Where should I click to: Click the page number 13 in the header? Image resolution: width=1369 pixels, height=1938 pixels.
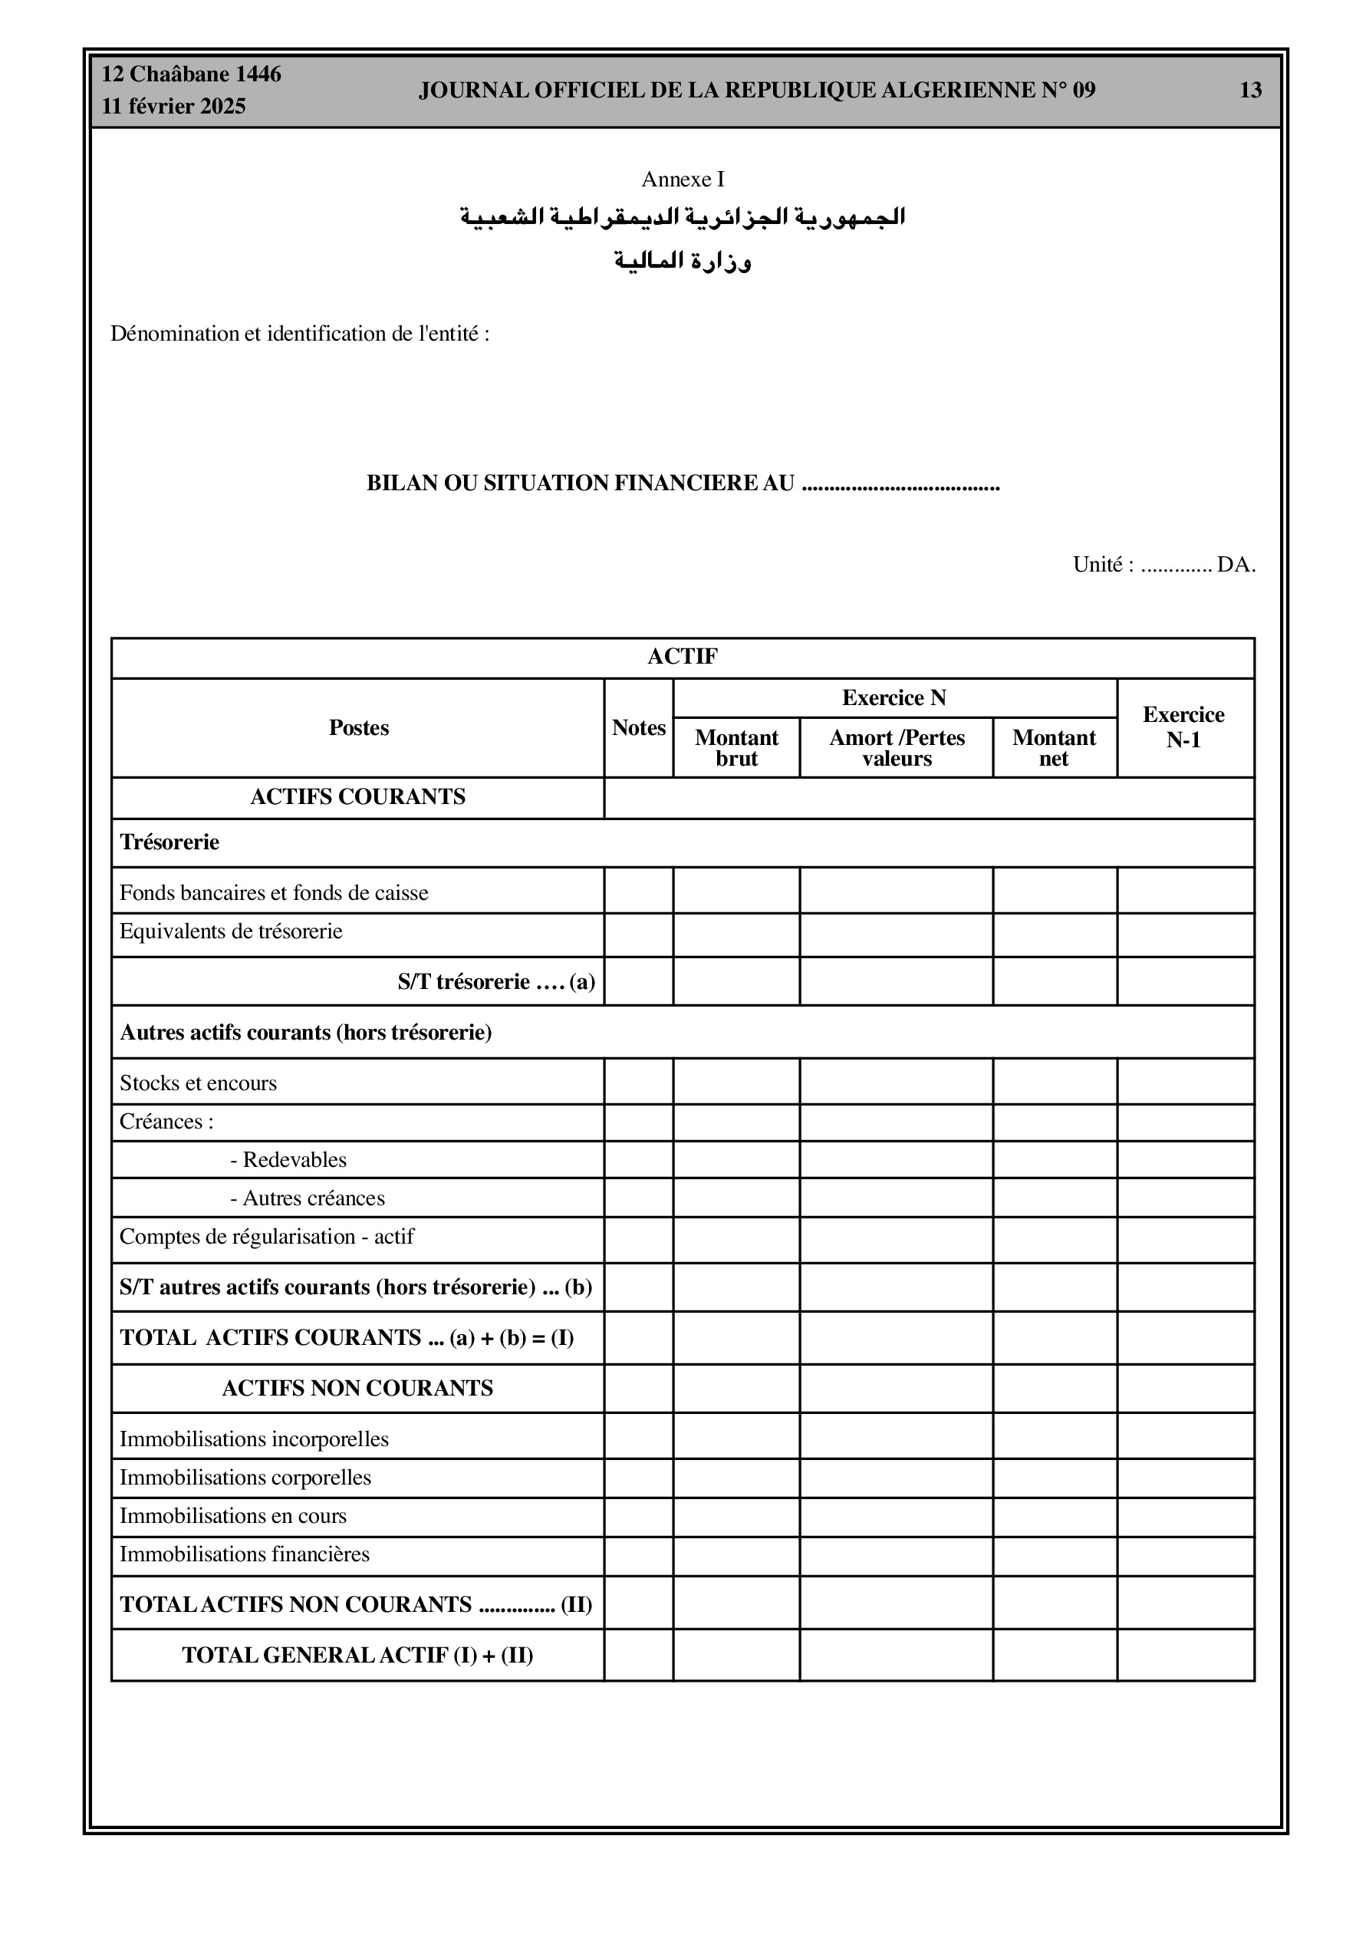tap(1250, 91)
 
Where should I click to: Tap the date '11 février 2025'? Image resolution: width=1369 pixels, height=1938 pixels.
tap(174, 107)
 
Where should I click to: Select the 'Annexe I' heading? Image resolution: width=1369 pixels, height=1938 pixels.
tap(683, 179)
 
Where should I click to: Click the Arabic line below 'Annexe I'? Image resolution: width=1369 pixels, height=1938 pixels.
tap(683, 217)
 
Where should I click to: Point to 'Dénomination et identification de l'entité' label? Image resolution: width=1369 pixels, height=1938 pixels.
tap(300, 334)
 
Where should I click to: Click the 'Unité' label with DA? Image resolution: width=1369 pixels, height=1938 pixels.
tap(1164, 565)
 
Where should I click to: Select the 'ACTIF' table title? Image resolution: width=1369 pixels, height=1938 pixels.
tap(683, 657)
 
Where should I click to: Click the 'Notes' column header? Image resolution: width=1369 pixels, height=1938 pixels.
tap(639, 727)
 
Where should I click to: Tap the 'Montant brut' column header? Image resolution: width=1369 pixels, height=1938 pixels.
tap(736, 748)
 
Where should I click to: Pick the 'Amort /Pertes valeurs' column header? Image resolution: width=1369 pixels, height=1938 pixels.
tap(897, 748)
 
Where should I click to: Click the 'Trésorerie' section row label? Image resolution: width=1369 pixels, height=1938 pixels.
tap(169, 842)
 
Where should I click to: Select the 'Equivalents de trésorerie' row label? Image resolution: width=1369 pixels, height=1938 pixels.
tap(232, 932)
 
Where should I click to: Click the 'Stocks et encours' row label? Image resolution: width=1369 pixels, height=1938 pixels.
tap(199, 1083)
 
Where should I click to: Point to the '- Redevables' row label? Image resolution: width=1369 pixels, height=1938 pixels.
tap(288, 1160)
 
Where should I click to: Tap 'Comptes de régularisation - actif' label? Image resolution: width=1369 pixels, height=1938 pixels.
tap(267, 1237)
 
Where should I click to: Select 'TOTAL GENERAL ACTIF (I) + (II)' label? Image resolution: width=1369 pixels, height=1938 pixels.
tap(358, 1655)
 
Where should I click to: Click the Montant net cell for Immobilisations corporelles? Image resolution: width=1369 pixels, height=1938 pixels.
tap(1055, 1478)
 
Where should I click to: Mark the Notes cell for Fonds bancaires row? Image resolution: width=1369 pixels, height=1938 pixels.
tap(639, 891)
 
